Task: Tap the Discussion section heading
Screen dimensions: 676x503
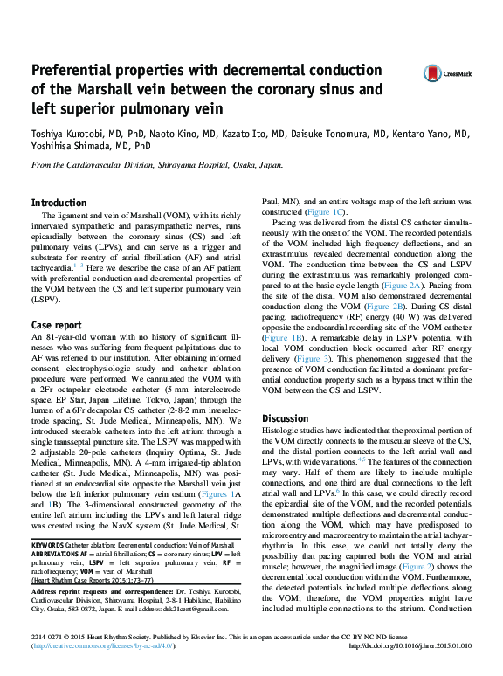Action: pyautogui.click(x=286, y=418)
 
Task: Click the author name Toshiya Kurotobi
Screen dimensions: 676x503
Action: pyautogui.click(x=66, y=135)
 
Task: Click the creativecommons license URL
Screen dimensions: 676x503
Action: pyautogui.click(x=104, y=669)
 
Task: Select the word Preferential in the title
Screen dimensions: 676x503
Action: pyautogui.click(x=77, y=71)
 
